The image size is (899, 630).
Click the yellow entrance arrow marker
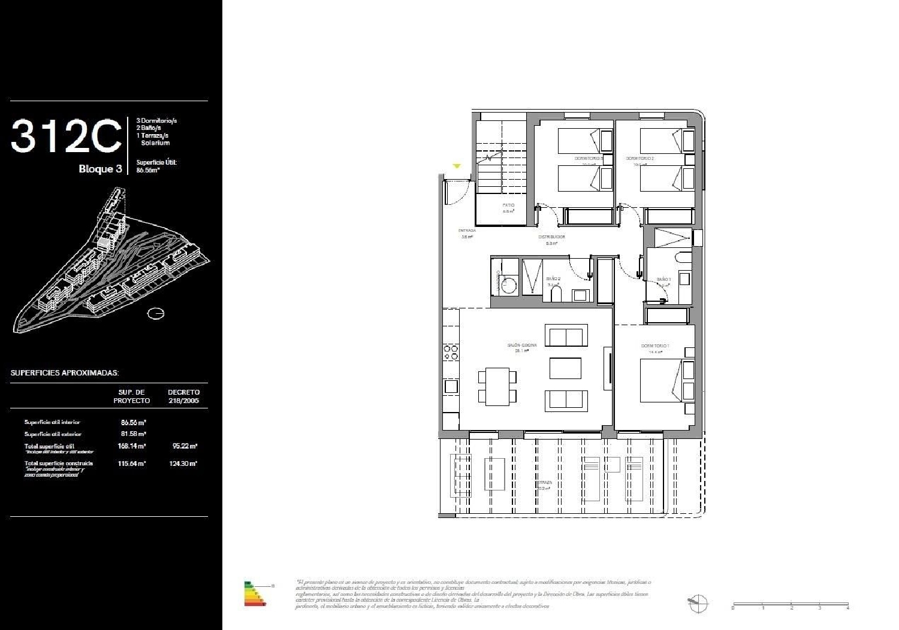click(x=457, y=166)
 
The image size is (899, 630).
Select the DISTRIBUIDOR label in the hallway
click(x=551, y=237)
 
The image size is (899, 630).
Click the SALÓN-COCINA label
click(x=521, y=346)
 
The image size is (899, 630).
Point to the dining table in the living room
click(x=497, y=386)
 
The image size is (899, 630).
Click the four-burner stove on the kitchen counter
click(x=451, y=352)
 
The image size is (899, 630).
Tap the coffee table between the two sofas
click(x=565, y=368)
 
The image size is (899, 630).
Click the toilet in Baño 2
click(x=556, y=293)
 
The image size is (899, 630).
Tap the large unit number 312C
click(x=66, y=137)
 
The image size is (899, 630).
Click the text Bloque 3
click(x=100, y=169)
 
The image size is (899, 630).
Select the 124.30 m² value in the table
click(x=184, y=464)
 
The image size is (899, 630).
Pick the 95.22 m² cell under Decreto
click(x=185, y=446)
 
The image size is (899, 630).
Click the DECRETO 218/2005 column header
click(x=183, y=396)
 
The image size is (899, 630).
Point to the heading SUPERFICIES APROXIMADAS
click(x=65, y=373)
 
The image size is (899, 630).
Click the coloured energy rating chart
click(x=255, y=593)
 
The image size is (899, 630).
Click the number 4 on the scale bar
click(x=847, y=608)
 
